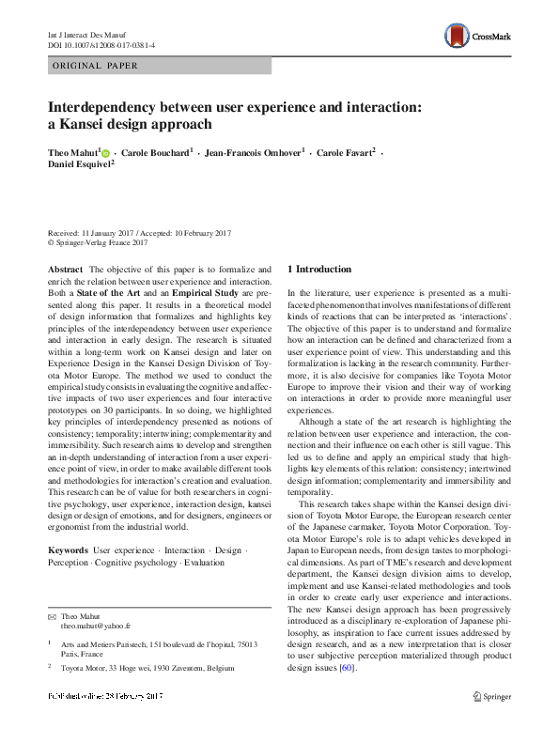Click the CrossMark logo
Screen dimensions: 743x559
tap(480, 36)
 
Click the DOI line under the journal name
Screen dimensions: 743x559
tap(101, 44)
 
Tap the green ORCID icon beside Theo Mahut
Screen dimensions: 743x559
tap(105, 152)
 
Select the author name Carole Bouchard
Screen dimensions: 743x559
tap(154, 152)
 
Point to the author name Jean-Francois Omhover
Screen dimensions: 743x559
tap(254, 152)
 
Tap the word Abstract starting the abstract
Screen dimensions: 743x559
tap(65, 270)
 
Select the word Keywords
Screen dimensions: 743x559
tap(68, 549)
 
